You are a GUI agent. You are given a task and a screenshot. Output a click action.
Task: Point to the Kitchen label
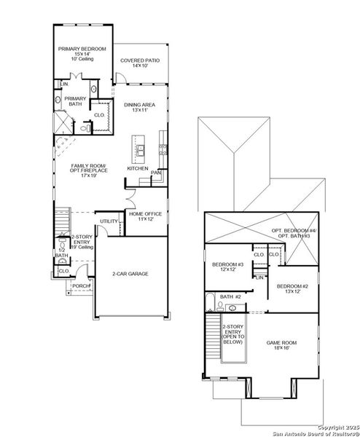(138, 168)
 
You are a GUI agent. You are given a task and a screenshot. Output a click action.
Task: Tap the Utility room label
(109, 221)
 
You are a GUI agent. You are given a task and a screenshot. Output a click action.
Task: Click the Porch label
(81, 286)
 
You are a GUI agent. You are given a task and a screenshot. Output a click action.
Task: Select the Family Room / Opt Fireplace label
(88, 170)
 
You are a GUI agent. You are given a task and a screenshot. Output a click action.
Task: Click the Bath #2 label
(231, 297)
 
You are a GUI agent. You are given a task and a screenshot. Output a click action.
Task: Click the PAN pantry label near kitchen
(155, 173)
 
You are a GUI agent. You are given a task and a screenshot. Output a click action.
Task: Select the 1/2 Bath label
(60, 253)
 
